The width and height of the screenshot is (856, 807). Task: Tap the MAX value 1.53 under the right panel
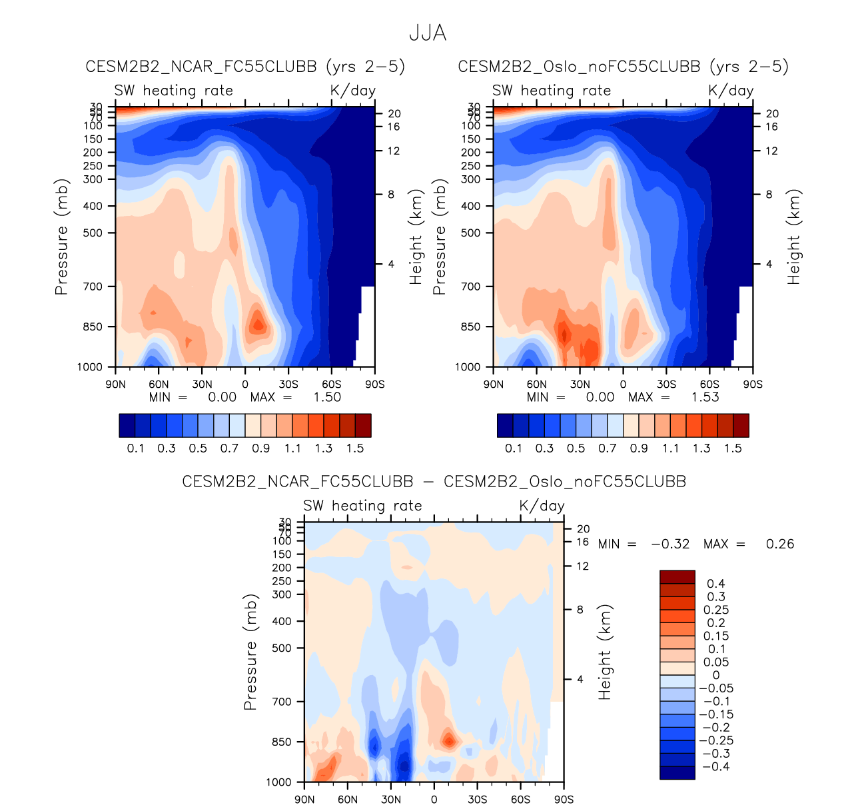705,397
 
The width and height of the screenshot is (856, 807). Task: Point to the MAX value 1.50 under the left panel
327,397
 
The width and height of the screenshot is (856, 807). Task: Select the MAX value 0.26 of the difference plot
779,544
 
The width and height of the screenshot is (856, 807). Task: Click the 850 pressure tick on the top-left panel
93,327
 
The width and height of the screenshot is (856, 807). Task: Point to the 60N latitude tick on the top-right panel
536,385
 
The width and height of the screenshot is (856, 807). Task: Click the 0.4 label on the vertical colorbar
716,584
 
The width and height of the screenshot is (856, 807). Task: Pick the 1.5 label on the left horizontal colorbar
355,448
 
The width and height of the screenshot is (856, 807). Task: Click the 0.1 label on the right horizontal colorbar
514,448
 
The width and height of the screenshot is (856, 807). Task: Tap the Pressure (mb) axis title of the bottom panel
250,652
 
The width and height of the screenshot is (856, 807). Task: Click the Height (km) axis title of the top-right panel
793,237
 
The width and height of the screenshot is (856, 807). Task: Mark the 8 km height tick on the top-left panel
391,195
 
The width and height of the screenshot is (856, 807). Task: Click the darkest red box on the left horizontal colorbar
363,425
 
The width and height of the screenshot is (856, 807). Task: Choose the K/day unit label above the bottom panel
542,506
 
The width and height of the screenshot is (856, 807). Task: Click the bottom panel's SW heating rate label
362,506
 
